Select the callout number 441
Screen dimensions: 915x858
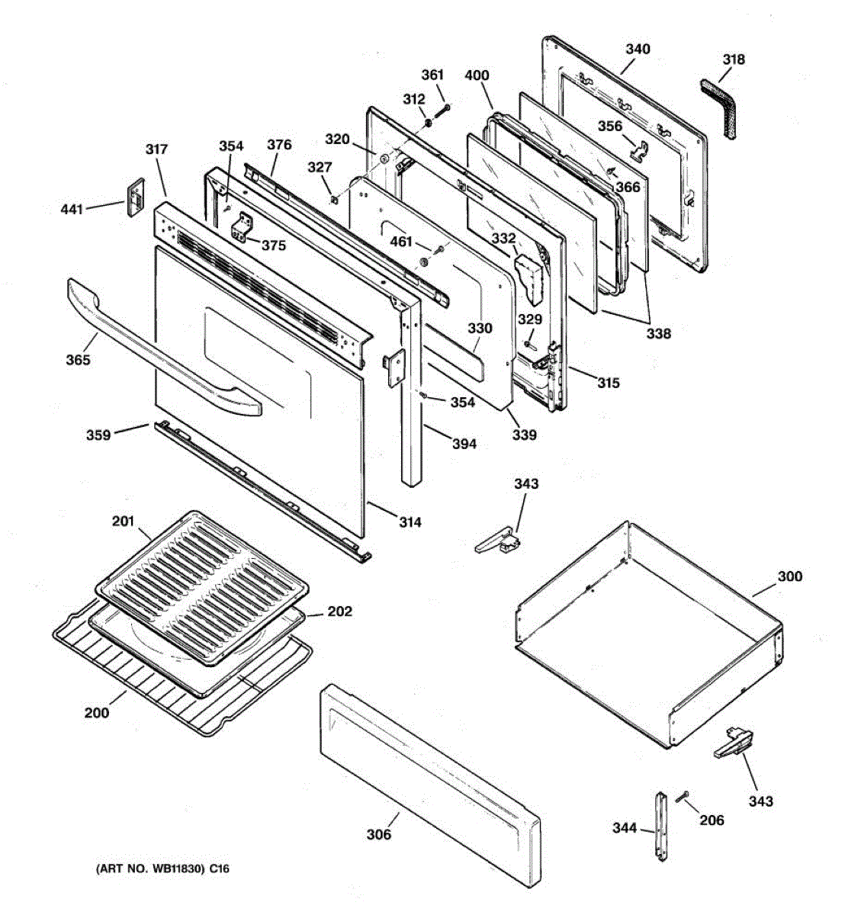(72, 209)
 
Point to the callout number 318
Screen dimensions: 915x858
(734, 59)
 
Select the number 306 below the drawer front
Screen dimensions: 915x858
(379, 834)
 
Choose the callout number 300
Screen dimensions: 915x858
(789, 576)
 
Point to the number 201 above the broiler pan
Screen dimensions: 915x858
(123, 522)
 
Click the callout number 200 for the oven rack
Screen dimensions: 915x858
(97, 713)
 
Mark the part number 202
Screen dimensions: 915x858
(340, 612)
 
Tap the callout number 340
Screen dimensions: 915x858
(638, 50)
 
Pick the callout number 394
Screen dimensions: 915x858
(463, 444)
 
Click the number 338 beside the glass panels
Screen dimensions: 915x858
(659, 333)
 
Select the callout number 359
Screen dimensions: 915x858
(98, 435)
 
